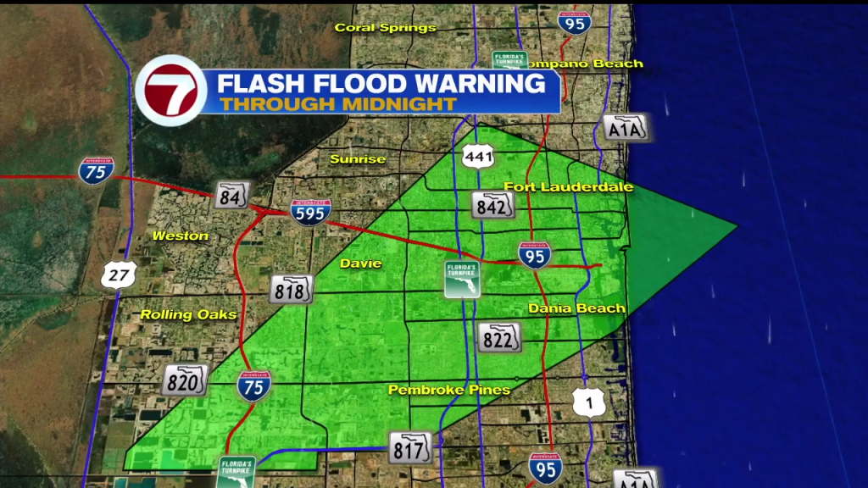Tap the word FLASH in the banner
click(x=258, y=83)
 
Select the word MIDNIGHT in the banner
click(x=398, y=104)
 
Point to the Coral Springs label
click(x=385, y=27)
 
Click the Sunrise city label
click(x=358, y=158)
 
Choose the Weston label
click(x=181, y=236)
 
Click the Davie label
click(x=362, y=263)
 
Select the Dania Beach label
click(x=576, y=308)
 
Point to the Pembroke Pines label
click(x=449, y=390)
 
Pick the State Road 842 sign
click(x=493, y=204)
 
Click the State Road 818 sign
click(x=292, y=290)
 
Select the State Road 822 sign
click(x=498, y=337)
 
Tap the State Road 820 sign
click(x=186, y=380)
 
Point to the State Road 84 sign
click(x=231, y=195)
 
